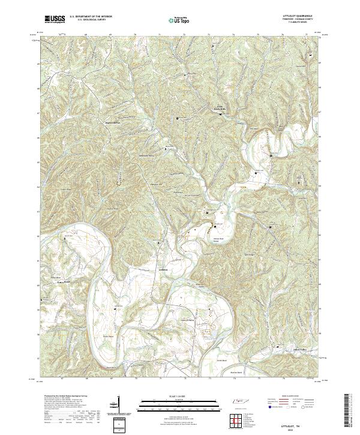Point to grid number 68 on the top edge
coord(86,35)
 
